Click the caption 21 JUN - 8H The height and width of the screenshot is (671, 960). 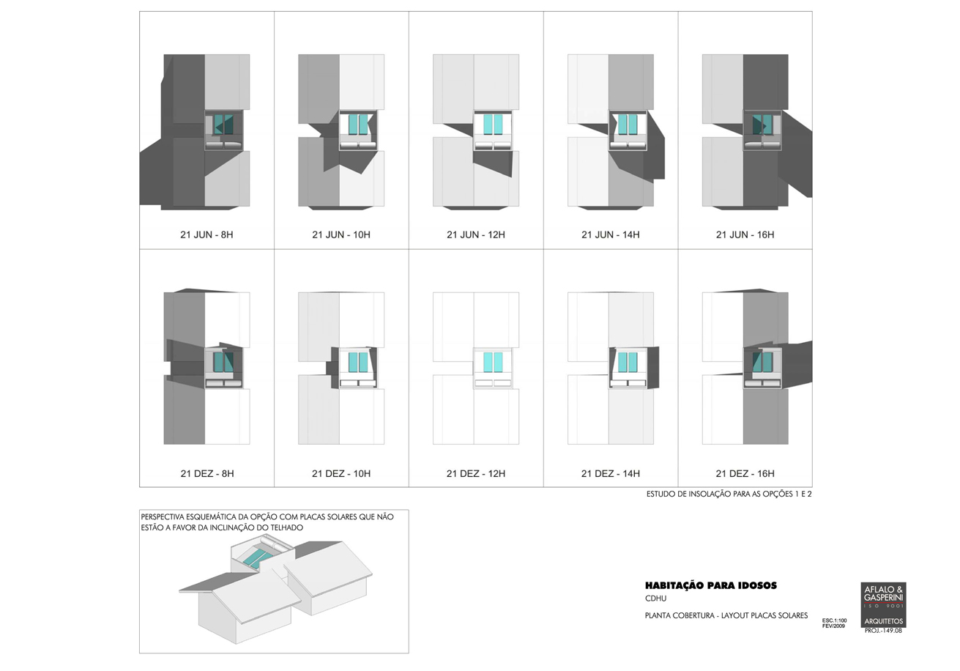[206, 235]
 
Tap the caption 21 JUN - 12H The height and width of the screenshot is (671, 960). [476, 235]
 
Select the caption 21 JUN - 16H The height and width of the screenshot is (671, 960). [745, 235]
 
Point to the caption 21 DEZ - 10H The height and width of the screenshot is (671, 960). [341, 474]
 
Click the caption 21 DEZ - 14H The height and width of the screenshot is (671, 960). [610, 474]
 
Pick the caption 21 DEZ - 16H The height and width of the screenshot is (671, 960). [745, 474]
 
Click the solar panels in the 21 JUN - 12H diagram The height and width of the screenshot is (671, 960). [494, 125]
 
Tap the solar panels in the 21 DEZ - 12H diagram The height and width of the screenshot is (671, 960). [494, 363]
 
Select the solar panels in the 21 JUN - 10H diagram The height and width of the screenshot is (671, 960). [359, 125]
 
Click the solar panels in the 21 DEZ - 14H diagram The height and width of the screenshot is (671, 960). [628, 363]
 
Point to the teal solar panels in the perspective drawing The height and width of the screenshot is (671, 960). [258, 559]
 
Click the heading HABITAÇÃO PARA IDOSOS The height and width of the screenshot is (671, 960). [710, 586]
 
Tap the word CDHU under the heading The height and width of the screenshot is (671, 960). [655, 598]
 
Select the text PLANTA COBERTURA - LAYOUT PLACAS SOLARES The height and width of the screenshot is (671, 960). [726, 615]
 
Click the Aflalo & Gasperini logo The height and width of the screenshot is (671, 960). [883, 605]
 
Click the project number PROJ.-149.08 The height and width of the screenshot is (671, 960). [883, 631]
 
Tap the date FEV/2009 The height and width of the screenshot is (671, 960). [833, 626]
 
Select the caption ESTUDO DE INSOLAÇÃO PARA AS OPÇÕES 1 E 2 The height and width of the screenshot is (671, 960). [729, 494]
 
